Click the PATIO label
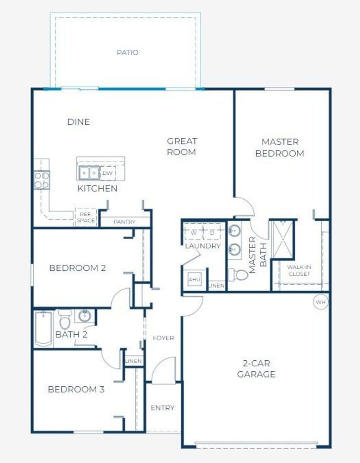127,52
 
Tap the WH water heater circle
320,302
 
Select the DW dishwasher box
108,173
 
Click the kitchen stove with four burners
41,180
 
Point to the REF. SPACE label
85,217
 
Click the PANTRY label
124,222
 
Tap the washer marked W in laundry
194,233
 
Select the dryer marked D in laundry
212,233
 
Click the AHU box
194,279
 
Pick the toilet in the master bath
238,275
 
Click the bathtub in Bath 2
43,328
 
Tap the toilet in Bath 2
65,320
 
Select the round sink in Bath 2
85,316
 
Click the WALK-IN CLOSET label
299,270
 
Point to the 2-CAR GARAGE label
256,368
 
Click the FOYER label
163,338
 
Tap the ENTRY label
162,408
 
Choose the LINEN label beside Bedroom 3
134,361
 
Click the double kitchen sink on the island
89,173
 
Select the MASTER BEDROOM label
280,147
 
